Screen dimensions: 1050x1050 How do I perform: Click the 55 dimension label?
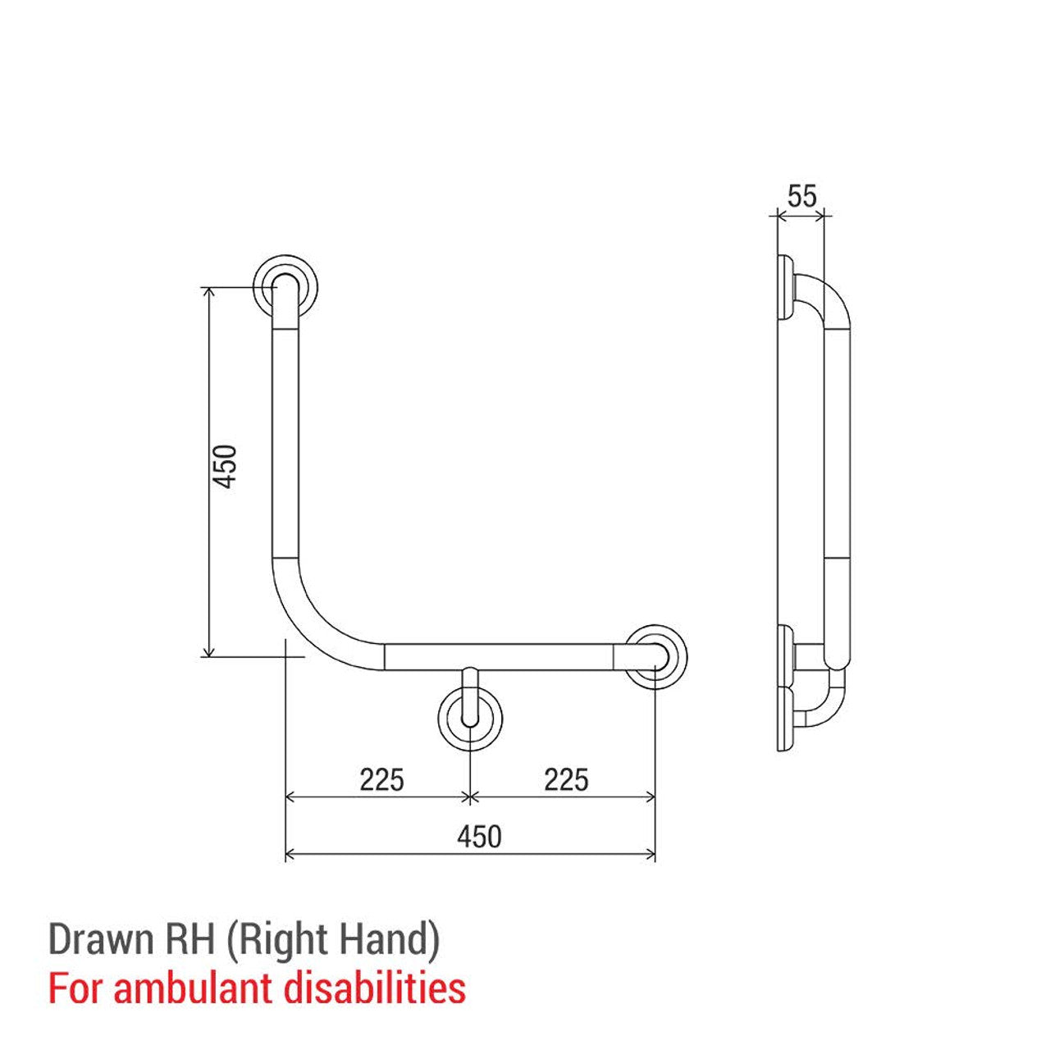(x=801, y=197)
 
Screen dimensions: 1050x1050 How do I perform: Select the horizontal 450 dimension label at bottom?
(x=479, y=837)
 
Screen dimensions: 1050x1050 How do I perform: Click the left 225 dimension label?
(x=381, y=778)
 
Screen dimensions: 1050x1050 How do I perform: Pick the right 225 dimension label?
(x=566, y=778)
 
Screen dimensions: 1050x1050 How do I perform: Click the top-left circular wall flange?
(x=285, y=287)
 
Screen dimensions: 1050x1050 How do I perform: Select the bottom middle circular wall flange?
(x=469, y=719)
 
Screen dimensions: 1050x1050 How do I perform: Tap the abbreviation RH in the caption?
(x=186, y=940)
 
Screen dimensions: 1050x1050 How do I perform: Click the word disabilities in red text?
(x=375, y=988)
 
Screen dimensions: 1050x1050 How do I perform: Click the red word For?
(x=75, y=988)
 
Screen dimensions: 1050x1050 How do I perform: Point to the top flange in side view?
(x=785, y=288)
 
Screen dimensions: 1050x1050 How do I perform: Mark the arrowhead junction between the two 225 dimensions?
(x=469, y=796)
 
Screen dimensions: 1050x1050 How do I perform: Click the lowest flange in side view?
(x=785, y=717)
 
